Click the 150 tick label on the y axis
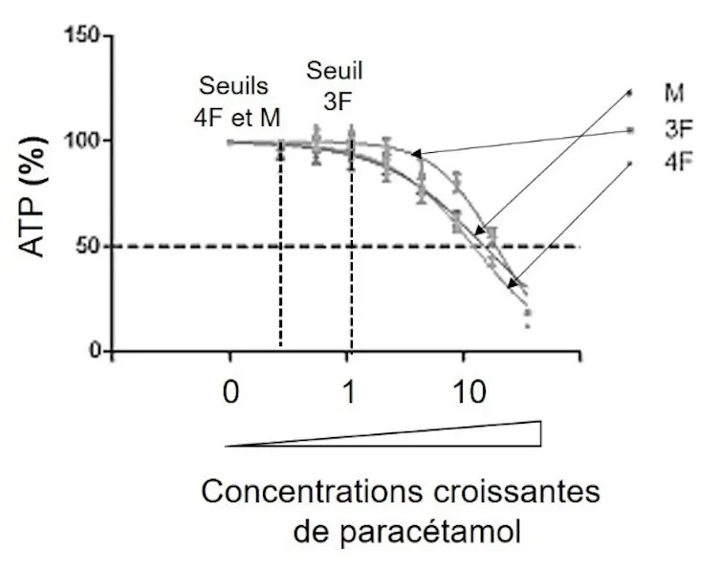81,35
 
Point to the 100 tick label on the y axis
81,141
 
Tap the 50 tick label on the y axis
88,247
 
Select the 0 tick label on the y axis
96,351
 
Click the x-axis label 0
230,392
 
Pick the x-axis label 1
349,392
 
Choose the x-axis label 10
469,392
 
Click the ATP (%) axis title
33,196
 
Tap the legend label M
673,93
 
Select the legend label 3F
679,129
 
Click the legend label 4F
679,162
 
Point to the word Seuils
233,86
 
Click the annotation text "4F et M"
237,119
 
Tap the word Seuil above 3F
335,71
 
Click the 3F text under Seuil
338,101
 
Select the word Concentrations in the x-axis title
312,492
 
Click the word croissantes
516,492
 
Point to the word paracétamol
430,532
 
